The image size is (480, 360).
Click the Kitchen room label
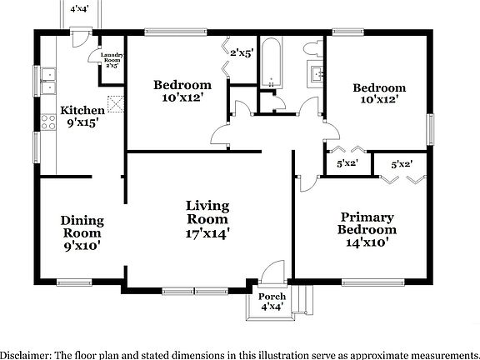(x=82, y=110)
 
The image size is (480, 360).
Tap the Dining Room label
(x=82, y=221)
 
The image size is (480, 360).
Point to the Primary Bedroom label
(x=367, y=223)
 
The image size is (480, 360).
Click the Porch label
(x=271, y=297)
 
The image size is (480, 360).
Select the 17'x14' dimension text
(x=207, y=234)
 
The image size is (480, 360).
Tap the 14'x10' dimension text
(x=367, y=243)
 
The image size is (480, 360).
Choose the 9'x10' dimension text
(x=82, y=247)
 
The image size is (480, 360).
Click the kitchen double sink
(x=46, y=80)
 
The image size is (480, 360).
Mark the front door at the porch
(x=272, y=275)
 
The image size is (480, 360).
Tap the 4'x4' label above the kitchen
(x=81, y=9)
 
